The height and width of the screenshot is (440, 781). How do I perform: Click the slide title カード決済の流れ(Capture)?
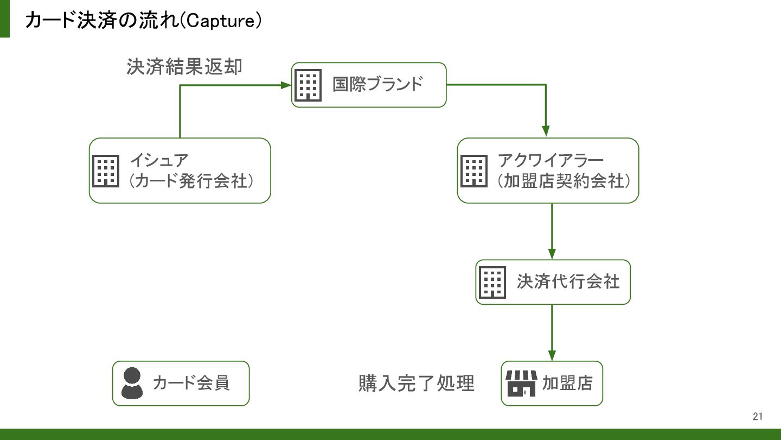click(x=143, y=20)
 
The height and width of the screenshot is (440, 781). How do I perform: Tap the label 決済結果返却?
click(x=184, y=67)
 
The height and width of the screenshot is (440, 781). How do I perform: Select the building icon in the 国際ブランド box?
click(x=308, y=85)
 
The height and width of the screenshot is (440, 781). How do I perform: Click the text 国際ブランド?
click(x=377, y=85)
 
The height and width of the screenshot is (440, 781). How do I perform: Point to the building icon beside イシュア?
click(x=106, y=171)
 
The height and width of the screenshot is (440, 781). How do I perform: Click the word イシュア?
click(x=159, y=160)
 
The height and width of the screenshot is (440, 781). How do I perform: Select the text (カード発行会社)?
click(x=191, y=181)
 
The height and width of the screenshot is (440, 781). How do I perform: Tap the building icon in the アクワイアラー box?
click(x=474, y=171)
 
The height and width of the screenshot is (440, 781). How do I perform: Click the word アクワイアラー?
click(x=550, y=160)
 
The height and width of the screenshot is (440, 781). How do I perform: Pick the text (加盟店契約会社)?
click(x=564, y=181)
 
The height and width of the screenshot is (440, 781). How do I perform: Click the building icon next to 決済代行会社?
click(x=492, y=282)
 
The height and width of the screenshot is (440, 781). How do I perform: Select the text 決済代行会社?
click(x=568, y=281)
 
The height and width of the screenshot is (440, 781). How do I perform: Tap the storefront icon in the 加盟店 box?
click(x=521, y=384)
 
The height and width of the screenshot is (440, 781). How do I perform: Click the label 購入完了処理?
click(x=417, y=383)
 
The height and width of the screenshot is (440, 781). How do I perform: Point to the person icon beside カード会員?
click(x=132, y=383)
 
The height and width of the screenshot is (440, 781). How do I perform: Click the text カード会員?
click(x=191, y=383)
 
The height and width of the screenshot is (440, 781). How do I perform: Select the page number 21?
click(x=758, y=416)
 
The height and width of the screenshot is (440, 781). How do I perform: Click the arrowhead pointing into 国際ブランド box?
click(x=286, y=85)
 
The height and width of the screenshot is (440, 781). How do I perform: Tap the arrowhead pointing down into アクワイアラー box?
click(x=546, y=131)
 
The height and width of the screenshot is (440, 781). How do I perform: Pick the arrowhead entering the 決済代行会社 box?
click(x=552, y=254)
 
